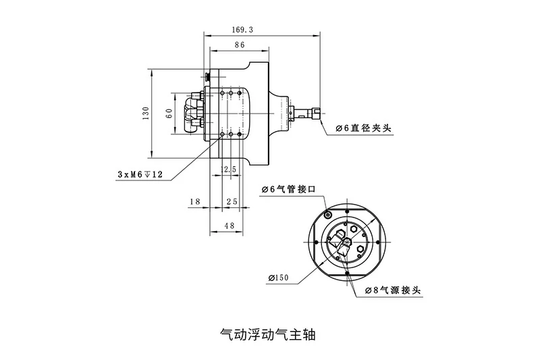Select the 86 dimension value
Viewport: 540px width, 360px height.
tap(239, 45)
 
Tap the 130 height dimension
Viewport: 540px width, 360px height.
tap(144, 114)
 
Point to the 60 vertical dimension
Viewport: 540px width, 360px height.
tap(169, 113)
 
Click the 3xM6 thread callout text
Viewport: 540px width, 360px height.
tap(140, 174)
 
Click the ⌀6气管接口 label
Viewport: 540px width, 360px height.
tap(288, 190)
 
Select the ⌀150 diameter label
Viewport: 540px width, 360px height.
tap(278, 277)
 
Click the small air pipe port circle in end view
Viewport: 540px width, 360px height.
tap(327, 215)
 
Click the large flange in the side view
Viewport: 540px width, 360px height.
tap(260, 113)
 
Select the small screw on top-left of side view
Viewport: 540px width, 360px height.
tap(206, 74)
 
